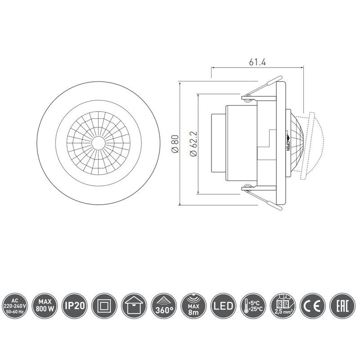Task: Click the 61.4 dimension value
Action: (257, 63)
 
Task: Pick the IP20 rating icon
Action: (74, 306)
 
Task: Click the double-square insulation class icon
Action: (104, 306)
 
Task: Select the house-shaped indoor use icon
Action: (134, 306)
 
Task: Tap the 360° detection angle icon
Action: (164, 306)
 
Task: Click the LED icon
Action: (224, 306)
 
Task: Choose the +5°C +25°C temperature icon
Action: (253, 306)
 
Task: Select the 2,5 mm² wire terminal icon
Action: (283, 306)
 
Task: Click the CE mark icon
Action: (313, 306)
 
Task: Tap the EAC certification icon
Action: (342, 306)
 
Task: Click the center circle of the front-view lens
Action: (98, 143)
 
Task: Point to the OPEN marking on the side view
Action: (288, 144)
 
